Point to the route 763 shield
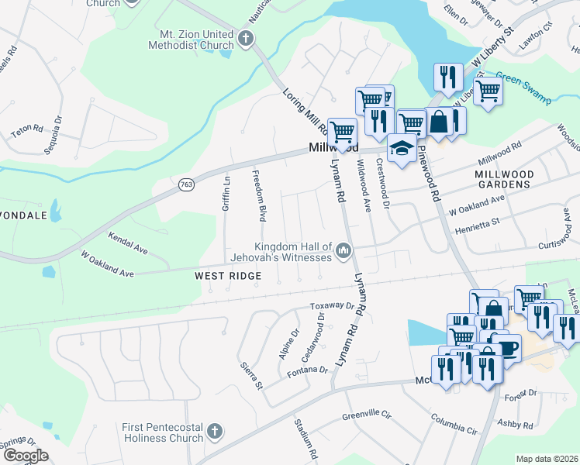point(186,184)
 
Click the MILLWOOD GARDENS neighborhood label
point(502,180)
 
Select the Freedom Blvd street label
point(262,194)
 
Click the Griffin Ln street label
point(226,194)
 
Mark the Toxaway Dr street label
point(331,306)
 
